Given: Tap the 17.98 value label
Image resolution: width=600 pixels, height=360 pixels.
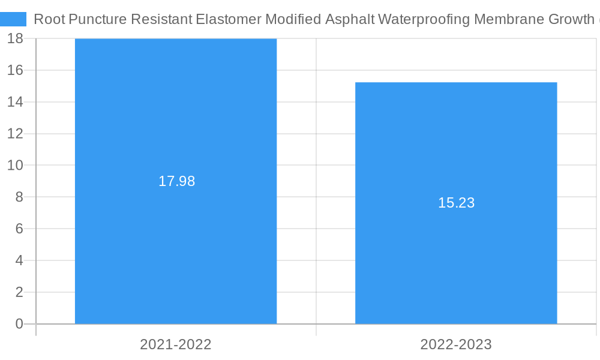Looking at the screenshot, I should (176, 181).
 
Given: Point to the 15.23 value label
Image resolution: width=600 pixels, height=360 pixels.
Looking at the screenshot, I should (456, 203).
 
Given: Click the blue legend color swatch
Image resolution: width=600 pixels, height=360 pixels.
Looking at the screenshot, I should (13, 19).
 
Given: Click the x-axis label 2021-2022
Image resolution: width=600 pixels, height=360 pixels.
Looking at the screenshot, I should (176, 344).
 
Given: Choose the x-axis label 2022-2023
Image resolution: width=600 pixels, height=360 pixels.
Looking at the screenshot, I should (456, 344).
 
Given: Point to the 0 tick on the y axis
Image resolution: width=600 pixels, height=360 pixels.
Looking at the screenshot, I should (19, 324).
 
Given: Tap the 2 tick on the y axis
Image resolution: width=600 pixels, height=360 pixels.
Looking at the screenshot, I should (19, 292).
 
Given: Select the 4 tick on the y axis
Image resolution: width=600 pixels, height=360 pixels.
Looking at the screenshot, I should (19, 260).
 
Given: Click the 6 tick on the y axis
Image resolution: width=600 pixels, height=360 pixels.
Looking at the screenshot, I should (19, 229).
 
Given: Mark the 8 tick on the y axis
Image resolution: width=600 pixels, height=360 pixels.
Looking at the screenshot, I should (19, 197).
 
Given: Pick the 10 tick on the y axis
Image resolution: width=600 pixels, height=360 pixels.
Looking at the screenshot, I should (16, 165).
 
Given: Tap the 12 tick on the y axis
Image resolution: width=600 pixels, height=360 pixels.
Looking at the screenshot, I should (16, 133).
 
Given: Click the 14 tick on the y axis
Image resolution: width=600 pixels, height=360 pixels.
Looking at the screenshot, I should (16, 102).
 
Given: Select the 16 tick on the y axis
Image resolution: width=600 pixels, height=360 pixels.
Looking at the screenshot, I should (16, 70).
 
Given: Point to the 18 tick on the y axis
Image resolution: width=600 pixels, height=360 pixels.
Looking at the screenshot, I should (16, 38).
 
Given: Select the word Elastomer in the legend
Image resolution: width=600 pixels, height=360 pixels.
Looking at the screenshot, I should (229, 19).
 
